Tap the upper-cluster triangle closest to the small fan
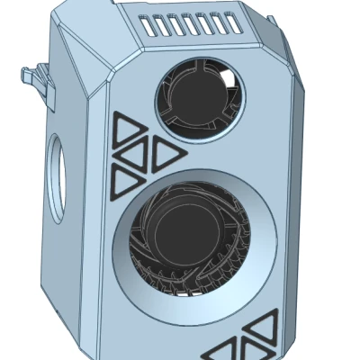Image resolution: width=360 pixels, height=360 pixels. [x=166, y=155]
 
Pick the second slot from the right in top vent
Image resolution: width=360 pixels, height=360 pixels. [x=221, y=24]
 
